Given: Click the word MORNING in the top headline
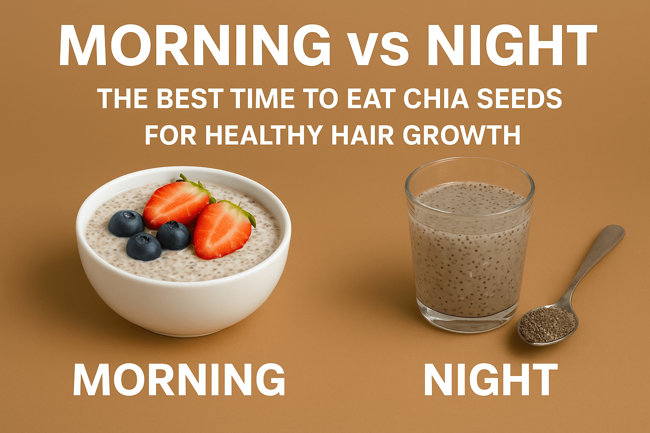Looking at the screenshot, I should (195, 46).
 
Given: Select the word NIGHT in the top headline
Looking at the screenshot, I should (512, 46).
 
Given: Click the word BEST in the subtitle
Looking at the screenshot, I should (193, 99).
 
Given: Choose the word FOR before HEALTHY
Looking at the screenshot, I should (171, 135).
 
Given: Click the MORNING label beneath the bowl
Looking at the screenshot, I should (179, 379).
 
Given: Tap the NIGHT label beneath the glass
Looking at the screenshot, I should (490, 379).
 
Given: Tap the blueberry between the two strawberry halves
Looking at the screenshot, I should (173, 235).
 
